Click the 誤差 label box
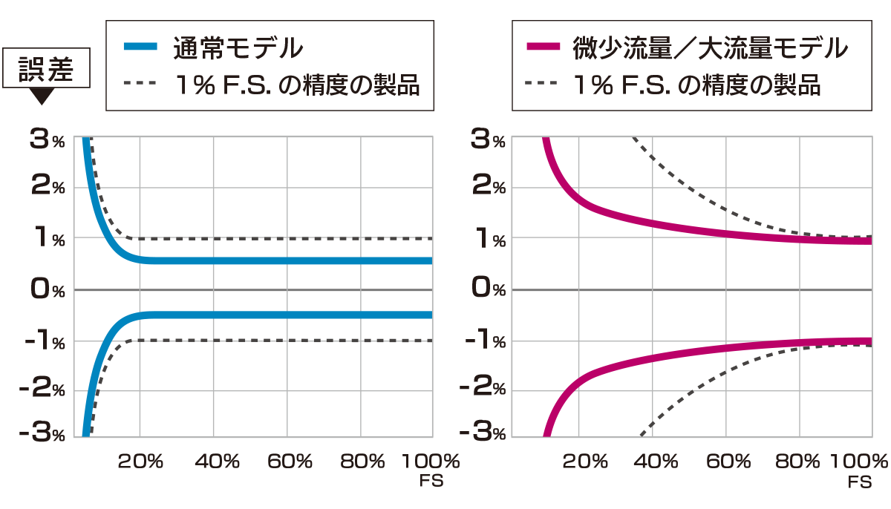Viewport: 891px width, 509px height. coord(47,70)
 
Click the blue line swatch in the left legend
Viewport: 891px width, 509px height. coord(140,47)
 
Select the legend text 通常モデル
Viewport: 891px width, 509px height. coord(238,48)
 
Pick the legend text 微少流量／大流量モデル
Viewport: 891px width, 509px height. coord(709,48)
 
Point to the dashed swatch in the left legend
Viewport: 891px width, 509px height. coord(140,85)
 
